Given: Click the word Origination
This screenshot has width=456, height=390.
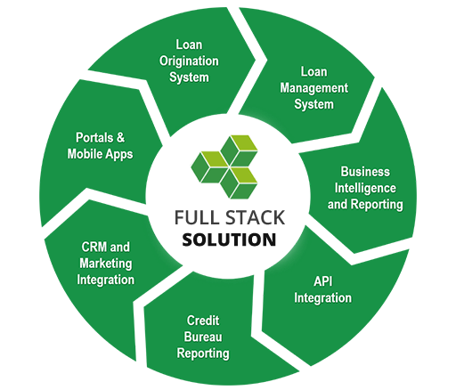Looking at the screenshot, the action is (x=189, y=61).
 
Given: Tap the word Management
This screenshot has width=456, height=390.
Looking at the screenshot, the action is (x=314, y=88).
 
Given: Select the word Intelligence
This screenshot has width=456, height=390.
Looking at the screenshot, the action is (x=365, y=189).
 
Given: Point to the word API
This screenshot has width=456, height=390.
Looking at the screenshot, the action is (x=323, y=281).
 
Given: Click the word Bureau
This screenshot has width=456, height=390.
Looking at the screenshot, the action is (x=203, y=337).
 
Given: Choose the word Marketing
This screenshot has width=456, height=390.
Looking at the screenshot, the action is (x=106, y=264).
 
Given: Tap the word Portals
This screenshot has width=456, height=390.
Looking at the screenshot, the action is (x=94, y=137).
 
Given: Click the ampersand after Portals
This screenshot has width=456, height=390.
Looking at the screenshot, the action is (x=120, y=137).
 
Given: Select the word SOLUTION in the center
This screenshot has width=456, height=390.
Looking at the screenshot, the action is (x=229, y=240).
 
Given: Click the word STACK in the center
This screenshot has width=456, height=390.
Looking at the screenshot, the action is (x=256, y=217).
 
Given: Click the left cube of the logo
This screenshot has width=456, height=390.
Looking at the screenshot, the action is (x=209, y=167).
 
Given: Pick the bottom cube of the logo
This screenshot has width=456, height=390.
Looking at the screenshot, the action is (x=239, y=183).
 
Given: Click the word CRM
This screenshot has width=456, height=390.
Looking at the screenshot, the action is (x=94, y=248).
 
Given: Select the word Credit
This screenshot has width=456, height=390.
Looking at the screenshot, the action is (x=203, y=321).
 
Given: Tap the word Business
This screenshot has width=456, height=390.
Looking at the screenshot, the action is (x=365, y=172).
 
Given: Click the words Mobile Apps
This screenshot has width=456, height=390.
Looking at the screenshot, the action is (x=101, y=154).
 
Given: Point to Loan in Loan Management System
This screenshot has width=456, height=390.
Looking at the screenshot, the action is (x=314, y=72).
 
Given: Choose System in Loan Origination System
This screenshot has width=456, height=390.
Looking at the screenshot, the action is (x=189, y=77).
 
